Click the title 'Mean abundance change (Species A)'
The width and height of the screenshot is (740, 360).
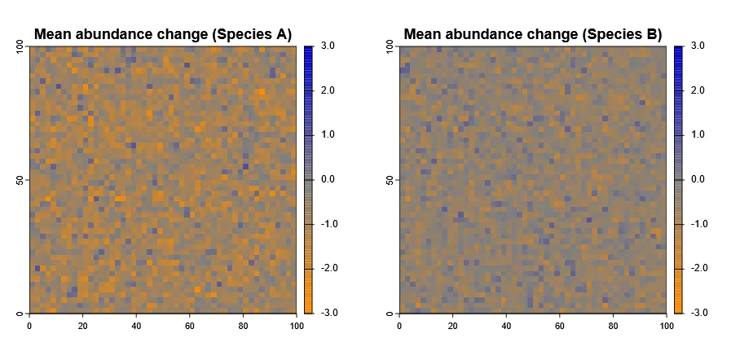(x=163, y=34)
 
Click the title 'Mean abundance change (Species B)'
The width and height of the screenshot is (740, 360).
(x=533, y=34)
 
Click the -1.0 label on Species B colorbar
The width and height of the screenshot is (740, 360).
(x=698, y=223)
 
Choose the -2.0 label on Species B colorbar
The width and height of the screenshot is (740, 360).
(x=698, y=268)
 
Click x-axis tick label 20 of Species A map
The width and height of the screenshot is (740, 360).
(x=83, y=326)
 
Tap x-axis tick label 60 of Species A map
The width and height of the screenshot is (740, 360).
(x=190, y=326)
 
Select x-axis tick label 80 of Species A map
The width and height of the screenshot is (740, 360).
(x=243, y=326)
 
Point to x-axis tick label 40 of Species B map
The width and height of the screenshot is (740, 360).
(x=506, y=326)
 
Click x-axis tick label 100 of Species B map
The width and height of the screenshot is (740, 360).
(x=666, y=326)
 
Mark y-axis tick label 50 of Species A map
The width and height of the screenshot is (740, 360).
(x=20, y=180)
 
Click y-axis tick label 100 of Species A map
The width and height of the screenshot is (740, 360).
(x=20, y=50)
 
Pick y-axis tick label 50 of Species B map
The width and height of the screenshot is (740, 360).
(x=390, y=180)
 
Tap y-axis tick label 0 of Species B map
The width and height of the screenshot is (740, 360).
(x=390, y=313)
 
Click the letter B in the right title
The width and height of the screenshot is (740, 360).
(x=652, y=34)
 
